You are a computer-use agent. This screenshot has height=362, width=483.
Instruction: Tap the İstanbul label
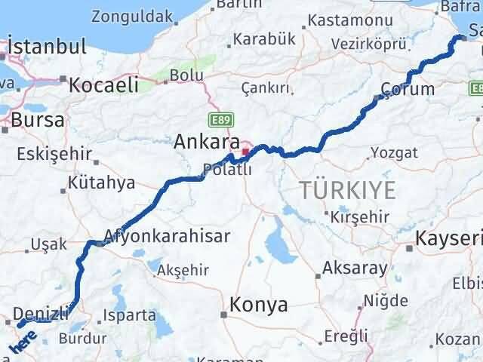tap(47, 47)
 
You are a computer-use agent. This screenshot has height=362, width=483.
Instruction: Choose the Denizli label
tap(42, 311)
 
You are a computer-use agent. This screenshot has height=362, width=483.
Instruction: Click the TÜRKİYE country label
tap(348, 190)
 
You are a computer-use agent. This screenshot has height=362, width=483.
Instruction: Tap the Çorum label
tap(408, 89)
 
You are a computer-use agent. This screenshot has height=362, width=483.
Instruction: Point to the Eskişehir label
tap(53, 155)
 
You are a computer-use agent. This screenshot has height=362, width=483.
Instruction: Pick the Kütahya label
tap(101, 183)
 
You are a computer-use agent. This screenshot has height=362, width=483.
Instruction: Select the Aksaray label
tap(354, 267)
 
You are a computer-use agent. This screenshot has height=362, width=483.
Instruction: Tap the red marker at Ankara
tap(245, 152)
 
